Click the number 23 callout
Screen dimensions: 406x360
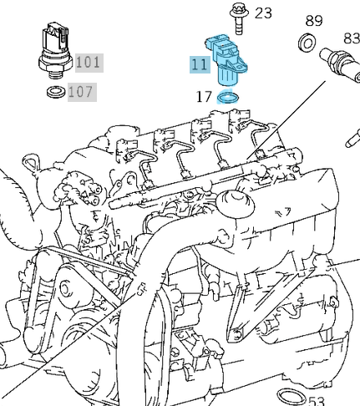click(263, 13)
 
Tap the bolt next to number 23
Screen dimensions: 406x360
click(236, 18)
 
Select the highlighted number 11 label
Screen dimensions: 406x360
click(199, 64)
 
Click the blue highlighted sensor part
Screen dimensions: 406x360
click(226, 63)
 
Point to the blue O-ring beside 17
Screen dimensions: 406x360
click(226, 98)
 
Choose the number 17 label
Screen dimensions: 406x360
click(204, 97)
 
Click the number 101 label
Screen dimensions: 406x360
click(88, 62)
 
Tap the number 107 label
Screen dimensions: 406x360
click(81, 91)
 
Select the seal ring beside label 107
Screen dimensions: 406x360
click(55, 90)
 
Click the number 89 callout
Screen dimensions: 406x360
click(313, 20)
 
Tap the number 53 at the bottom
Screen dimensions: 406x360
click(316, 402)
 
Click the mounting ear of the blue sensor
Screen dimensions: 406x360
click(209, 44)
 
